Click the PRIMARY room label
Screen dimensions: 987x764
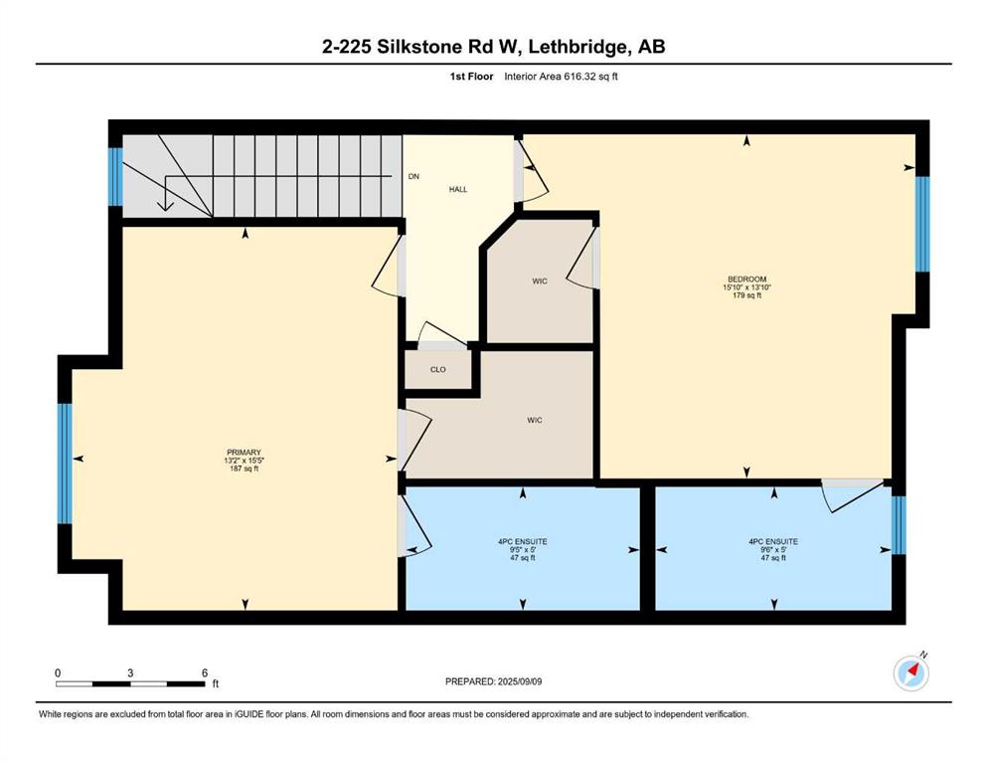point(245,453)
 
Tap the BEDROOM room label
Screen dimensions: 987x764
point(747,279)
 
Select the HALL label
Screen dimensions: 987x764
point(458,189)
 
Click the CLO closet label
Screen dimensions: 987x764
point(438,370)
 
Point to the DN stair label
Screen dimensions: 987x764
point(413,176)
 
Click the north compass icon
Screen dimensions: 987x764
point(911,672)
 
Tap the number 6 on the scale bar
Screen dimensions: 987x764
point(205,672)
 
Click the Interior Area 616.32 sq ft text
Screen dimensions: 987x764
point(561,77)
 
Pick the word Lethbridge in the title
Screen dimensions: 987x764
point(579,47)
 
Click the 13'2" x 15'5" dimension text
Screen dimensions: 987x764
point(245,461)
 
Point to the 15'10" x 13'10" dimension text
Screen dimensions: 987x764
point(747,287)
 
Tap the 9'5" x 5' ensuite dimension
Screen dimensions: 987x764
point(523,550)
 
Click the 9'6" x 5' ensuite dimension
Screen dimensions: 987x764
point(773,550)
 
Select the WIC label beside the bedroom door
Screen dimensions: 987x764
point(540,281)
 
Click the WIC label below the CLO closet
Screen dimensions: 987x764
point(535,420)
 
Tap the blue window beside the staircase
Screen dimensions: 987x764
point(115,177)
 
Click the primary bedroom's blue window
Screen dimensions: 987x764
point(65,464)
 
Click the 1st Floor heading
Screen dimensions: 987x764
point(471,77)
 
